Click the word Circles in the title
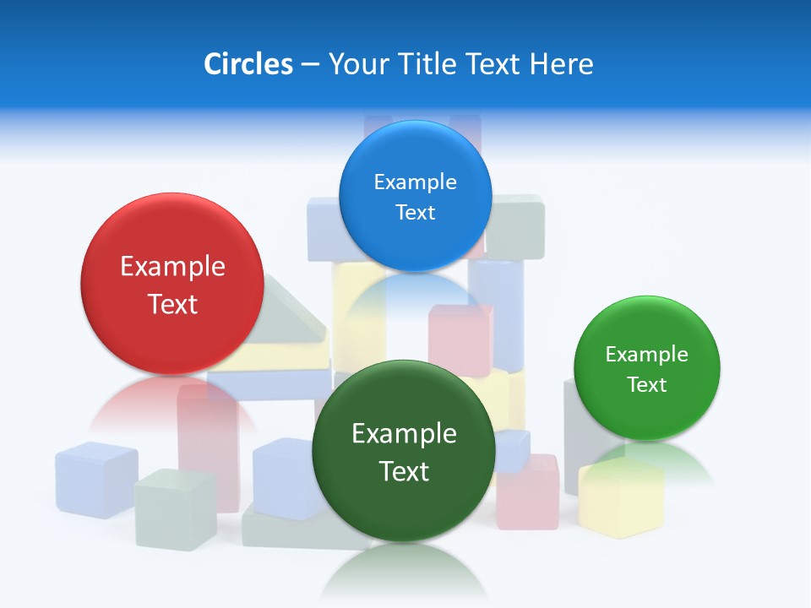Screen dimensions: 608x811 coord(248,64)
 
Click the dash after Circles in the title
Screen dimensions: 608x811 coord(310,65)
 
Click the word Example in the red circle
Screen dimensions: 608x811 coord(172,267)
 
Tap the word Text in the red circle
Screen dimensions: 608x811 coord(172,304)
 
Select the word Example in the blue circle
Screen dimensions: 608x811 coord(415,182)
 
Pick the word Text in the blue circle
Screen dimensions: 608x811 coord(415,213)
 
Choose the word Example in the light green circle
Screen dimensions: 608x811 coord(646,355)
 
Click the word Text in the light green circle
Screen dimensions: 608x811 coord(646,385)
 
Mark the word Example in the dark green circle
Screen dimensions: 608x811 coord(404,434)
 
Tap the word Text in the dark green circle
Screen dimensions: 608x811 coord(404,471)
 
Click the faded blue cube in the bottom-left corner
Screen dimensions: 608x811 coord(95,478)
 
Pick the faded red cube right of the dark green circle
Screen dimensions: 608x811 coord(528,493)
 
